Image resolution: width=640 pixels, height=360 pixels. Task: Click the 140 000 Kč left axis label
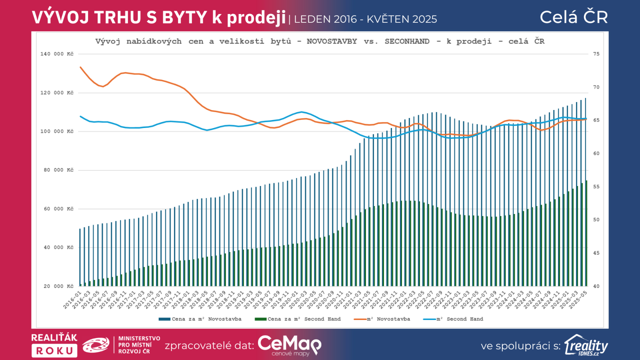57,54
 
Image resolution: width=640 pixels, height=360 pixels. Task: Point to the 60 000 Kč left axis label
58,209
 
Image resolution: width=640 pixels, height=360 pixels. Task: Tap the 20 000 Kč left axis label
58,286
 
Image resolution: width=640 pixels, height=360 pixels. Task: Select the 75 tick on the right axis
596,54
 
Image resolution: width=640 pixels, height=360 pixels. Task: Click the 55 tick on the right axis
596,187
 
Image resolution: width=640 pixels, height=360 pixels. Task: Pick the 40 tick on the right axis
596,286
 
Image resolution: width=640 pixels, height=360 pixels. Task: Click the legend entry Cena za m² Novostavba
200,319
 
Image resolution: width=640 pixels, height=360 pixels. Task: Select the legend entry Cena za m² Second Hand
298,319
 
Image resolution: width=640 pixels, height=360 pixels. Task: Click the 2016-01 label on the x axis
72,300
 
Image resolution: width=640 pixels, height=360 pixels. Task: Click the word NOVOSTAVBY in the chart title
332,42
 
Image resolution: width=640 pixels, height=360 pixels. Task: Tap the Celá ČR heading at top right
574,17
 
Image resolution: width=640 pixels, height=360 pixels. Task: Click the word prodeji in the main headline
256,18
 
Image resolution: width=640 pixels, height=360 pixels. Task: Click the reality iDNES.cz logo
586,346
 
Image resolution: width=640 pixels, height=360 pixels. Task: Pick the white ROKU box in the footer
54,351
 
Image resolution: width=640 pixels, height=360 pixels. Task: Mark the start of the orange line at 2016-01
80,67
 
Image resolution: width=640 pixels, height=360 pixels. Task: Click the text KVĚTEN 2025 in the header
402,19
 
